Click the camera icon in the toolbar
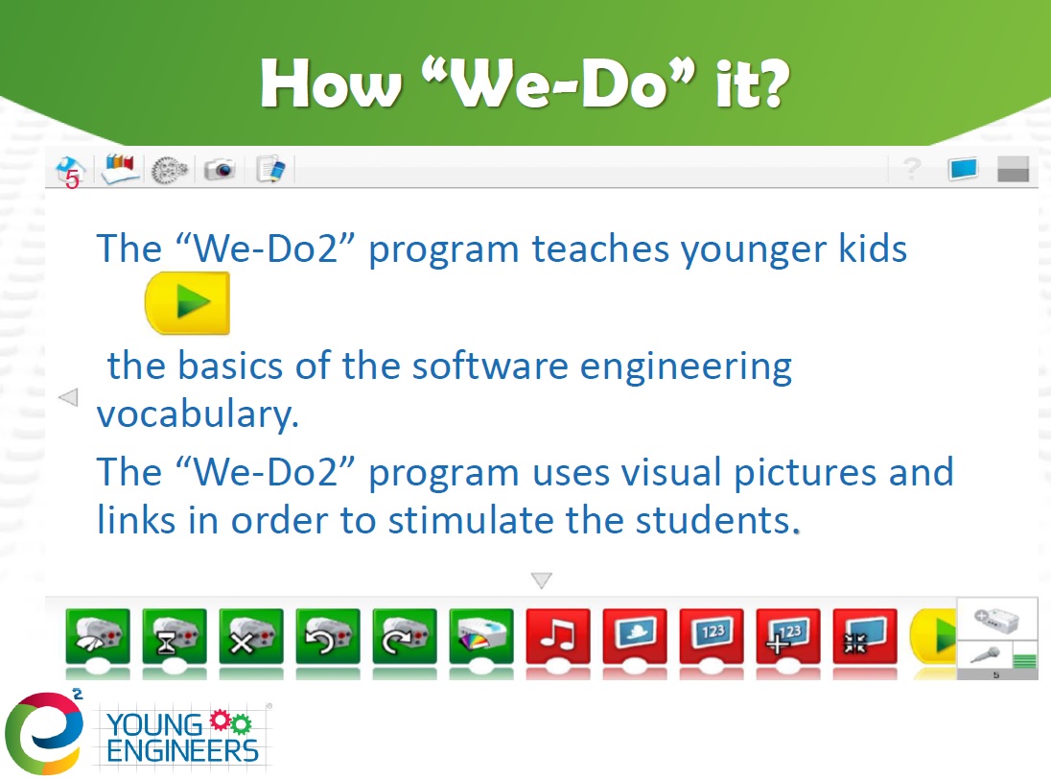[220, 169]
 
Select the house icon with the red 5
[70, 172]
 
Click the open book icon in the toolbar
[120, 168]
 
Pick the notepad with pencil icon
[270, 169]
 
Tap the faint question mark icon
[912, 168]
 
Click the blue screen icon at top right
[963, 168]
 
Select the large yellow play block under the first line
[188, 302]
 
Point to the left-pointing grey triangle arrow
[68, 397]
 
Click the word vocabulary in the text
[198, 414]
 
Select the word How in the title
[331, 84]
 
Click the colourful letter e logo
[44, 733]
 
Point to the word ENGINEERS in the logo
[182, 751]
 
